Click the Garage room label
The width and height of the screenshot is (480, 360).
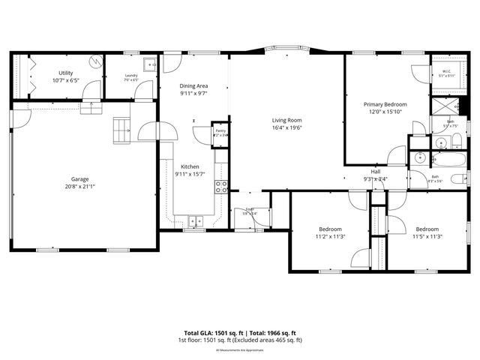tap(80, 179)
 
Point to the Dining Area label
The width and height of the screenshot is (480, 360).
tap(193, 86)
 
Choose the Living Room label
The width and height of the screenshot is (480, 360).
tap(286, 120)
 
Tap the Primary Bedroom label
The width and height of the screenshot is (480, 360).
tap(385, 104)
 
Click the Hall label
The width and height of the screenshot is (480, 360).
tap(376, 172)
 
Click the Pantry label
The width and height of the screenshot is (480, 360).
tap(220, 130)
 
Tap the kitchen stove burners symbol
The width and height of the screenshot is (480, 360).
tap(222, 187)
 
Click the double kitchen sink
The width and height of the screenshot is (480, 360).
tap(195, 220)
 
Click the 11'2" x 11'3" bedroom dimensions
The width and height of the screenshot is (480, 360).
tap(331, 236)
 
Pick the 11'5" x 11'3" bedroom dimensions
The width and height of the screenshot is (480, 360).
tap(427, 236)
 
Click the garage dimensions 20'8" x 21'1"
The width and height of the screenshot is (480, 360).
tap(80, 186)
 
